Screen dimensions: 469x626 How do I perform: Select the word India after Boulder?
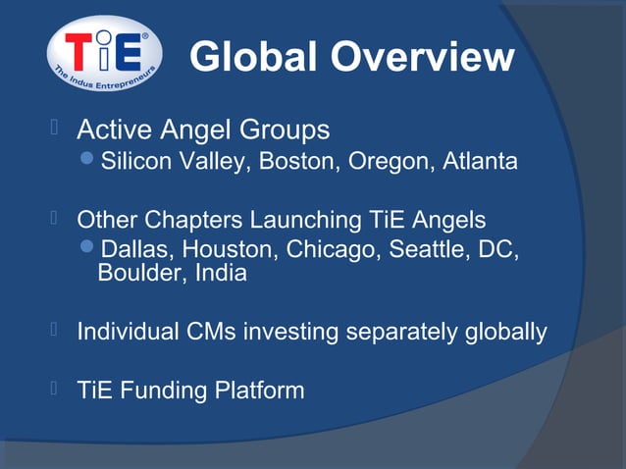coord(221,274)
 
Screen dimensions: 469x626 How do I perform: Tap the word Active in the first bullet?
coord(110,130)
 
